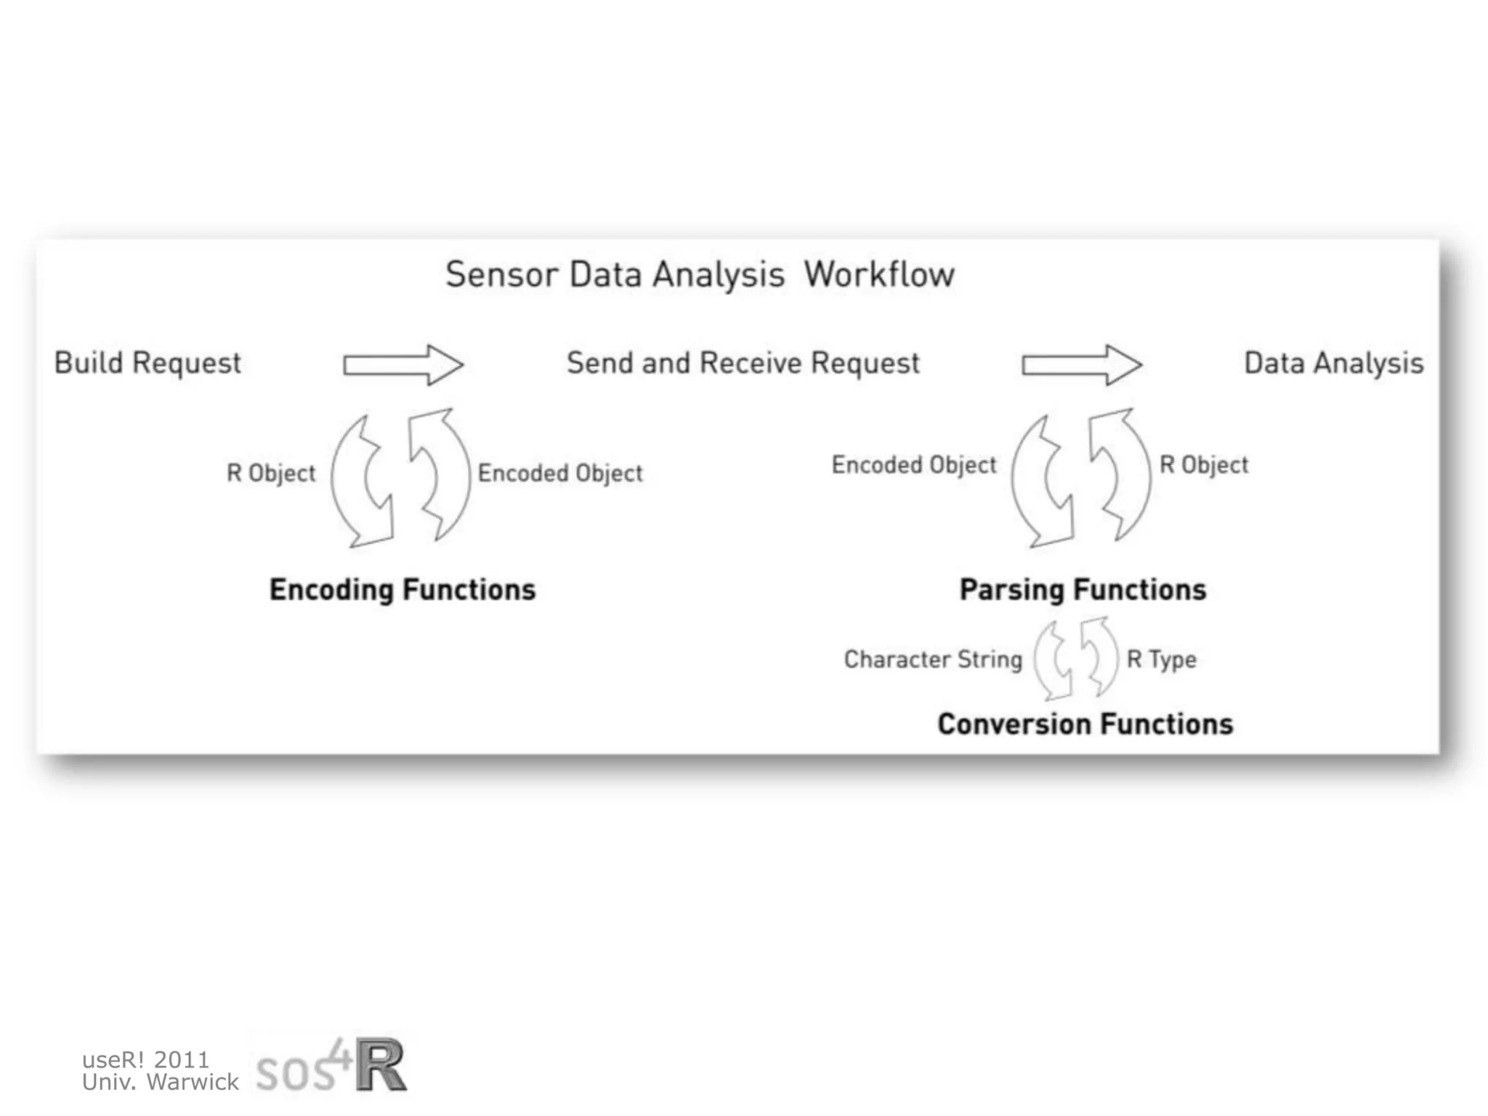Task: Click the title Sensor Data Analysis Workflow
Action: pos(700,275)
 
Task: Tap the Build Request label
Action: pos(147,363)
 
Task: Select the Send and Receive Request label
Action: pos(743,363)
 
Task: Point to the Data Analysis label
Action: pos(1333,363)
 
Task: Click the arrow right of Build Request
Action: pos(403,364)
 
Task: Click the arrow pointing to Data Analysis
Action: pos(1082,364)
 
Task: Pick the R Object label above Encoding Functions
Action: pos(271,473)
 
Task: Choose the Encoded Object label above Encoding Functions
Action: pos(560,473)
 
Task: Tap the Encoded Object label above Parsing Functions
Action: pos(914,465)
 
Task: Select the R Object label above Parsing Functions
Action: pos(1204,465)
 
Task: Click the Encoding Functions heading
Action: pos(403,590)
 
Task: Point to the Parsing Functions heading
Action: pos(1083,590)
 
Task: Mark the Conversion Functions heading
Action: pos(1085,724)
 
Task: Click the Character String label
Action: pos(933,660)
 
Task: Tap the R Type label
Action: pos(1161,660)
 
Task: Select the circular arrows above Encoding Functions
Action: pos(400,477)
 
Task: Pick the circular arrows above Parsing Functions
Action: pos(1080,477)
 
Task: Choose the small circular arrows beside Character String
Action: pos(1076,658)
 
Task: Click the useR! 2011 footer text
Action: pos(145,1059)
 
